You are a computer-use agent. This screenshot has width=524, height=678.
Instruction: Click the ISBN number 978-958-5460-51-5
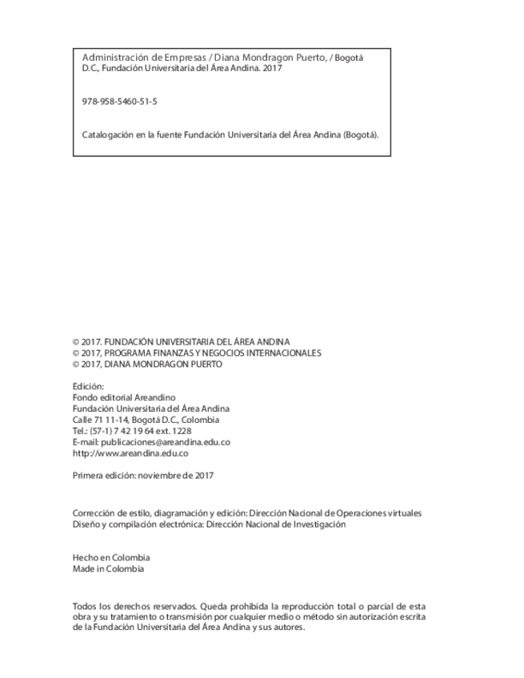pyautogui.click(x=119, y=102)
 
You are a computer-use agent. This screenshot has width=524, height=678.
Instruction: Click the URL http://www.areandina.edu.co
pyautogui.click(x=130, y=453)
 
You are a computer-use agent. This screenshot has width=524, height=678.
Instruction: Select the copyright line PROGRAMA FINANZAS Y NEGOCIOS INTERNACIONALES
pyautogui.click(x=197, y=353)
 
